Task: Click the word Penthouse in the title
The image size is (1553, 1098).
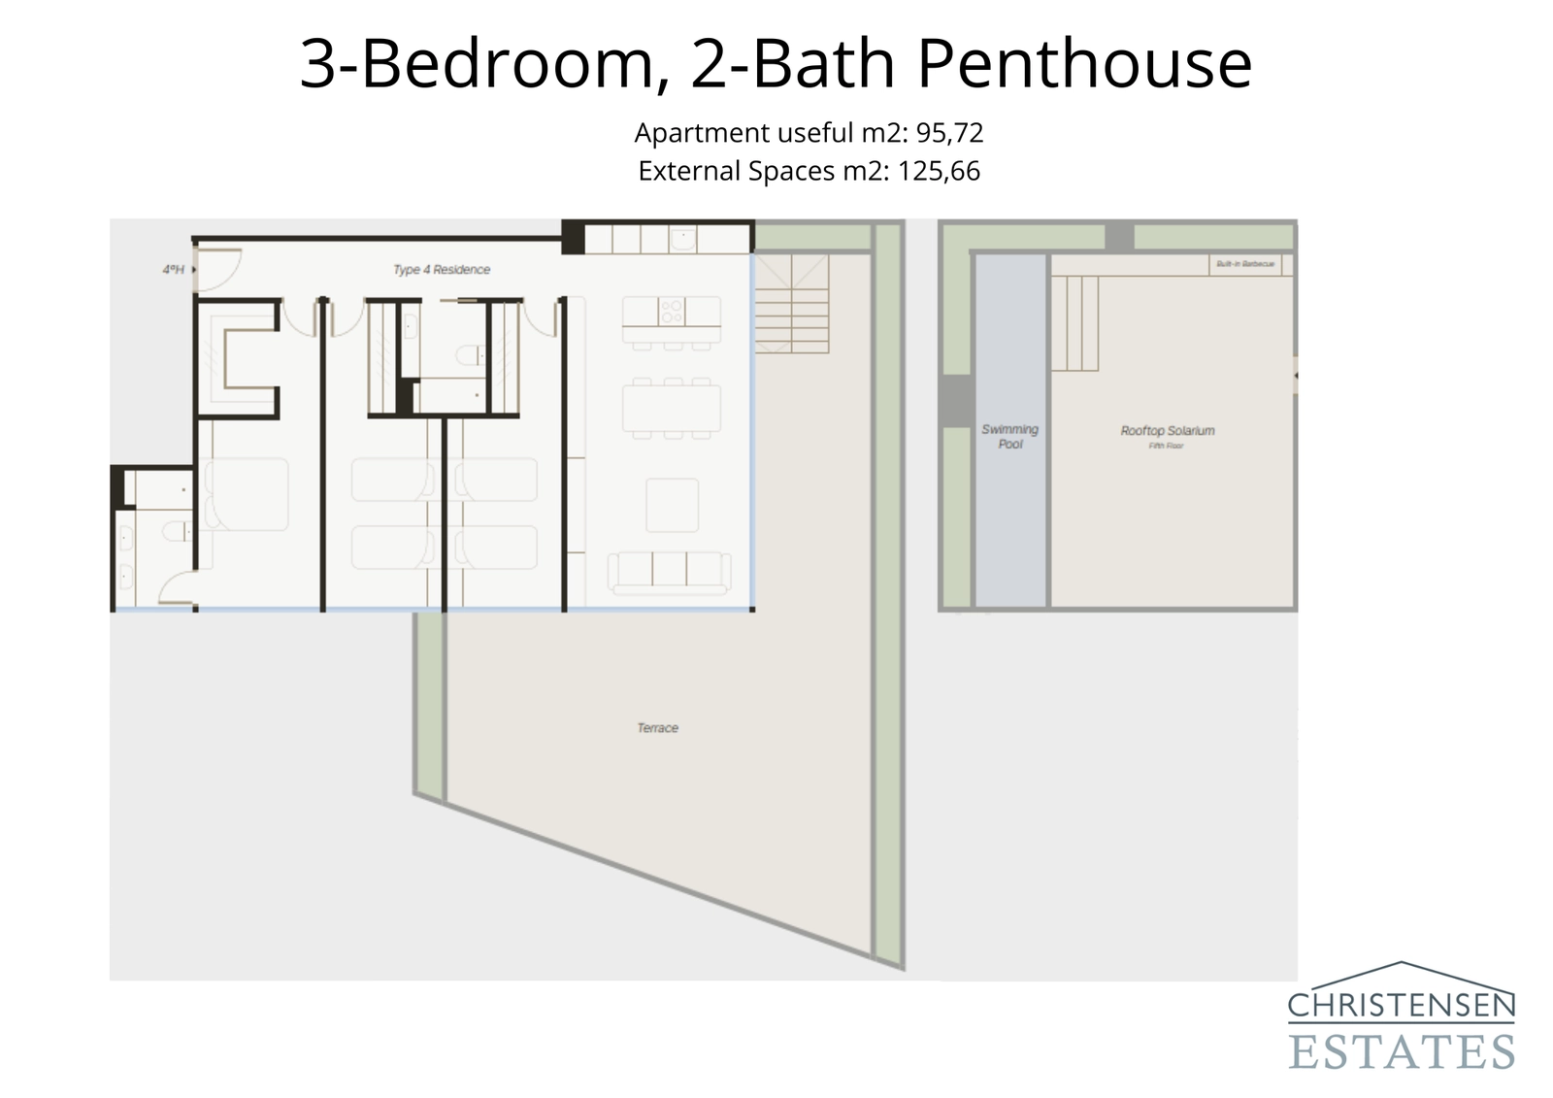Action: [1084, 64]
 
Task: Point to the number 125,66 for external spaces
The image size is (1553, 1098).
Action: [939, 172]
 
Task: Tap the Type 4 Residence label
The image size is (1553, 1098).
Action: [442, 270]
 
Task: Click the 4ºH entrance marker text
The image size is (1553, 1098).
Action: [174, 270]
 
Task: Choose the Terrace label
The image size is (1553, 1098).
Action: [657, 728]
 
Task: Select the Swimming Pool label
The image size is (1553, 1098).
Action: [1009, 437]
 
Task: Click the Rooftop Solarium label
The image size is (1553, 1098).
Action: [1167, 431]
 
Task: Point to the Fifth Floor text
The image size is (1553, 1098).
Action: [1166, 446]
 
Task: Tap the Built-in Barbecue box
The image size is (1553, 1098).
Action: [1245, 264]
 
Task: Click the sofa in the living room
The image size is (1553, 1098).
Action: [669, 572]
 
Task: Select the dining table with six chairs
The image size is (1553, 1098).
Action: [672, 409]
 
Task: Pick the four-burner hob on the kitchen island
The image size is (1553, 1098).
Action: [672, 312]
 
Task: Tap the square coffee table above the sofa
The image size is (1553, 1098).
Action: [672, 504]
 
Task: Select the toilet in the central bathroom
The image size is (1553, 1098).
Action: [471, 355]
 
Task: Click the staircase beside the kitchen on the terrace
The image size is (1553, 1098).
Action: [791, 303]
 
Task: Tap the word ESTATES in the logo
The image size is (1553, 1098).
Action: [1401, 1051]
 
